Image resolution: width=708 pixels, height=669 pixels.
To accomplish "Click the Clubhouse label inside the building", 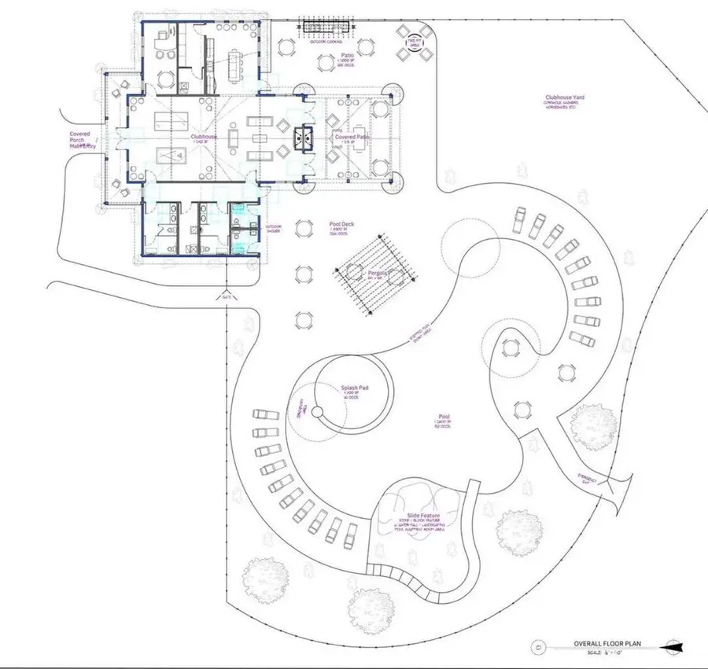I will click(x=203, y=136).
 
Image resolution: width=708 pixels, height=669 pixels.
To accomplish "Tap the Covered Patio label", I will click(x=352, y=137).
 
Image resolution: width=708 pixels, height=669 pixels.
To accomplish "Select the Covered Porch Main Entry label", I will click(x=79, y=140).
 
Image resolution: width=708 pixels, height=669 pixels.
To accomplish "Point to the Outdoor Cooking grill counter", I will click(x=325, y=28).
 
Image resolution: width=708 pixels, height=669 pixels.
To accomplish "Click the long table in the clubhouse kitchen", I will click(x=235, y=57).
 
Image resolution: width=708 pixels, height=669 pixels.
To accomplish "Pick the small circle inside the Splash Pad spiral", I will click(x=316, y=412).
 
